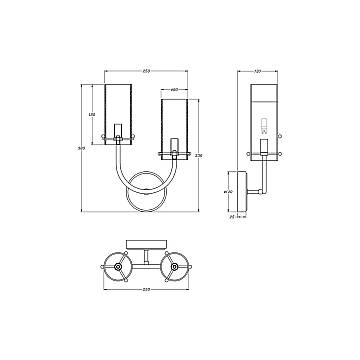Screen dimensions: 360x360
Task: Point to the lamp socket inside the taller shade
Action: click(119, 132)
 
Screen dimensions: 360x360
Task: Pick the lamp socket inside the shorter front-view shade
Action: click(175, 148)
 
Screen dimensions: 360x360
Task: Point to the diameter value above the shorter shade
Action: click(175, 90)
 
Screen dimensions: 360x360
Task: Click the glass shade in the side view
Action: click(264, 117)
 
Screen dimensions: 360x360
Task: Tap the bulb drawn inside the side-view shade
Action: click(264, 125)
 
